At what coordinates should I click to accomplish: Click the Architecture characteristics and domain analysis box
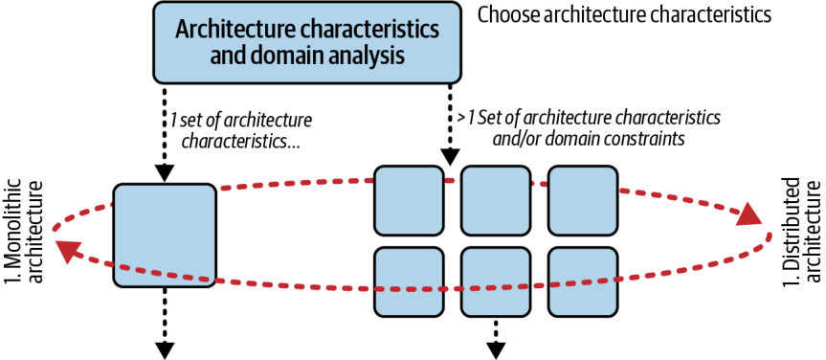pyautogui.click(x=307, y=42)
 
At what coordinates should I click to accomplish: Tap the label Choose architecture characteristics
pyautogui.click(x=624, y=14)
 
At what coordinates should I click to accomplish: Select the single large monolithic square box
pyautogui.click(x=165, y=236)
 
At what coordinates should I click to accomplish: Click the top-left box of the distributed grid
pyautogui.click(x=409, y=200)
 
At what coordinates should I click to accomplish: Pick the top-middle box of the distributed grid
pyautogui.click(x=495, y=200)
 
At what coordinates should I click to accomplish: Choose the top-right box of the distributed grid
pyautogui.click(x=582, y=200)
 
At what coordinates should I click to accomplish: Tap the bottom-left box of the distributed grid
pyautogui.click(x=409, y=282)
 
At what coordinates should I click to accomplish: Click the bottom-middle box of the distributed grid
pyautogui.click(x=495, y=282)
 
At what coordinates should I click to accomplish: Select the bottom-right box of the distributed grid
pyautogui.click(x=582, y=282)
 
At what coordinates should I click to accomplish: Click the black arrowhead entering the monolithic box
pyautogui.click(x=165, y=173)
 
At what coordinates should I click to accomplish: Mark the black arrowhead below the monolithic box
pyautogui.click(x=165, y=350)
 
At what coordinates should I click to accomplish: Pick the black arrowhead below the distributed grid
pyautogui.click(x=496, y=350)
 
